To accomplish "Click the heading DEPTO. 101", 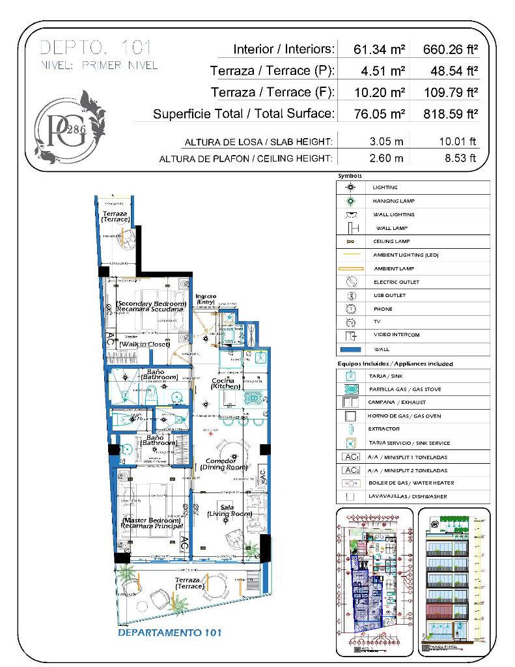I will pyautogui.click(x=96, y=48).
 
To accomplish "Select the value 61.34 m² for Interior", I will pyautogui.click(x=380, y=49).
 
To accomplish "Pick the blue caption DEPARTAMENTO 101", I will pyautogui.click(x=170, y=632).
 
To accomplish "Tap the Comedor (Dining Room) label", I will pyautogui.click(x=224, y=463).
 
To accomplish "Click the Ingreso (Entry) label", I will pyautogui.click(x=206, y=298).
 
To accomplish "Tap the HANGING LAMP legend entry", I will pyautogui.click(x=394, y=201).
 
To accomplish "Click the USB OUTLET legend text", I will pyautogui.click(x=389, y=296).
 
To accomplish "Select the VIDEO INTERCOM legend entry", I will pyautogui.click(x=396, y=335).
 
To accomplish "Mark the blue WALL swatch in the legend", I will pyautogui.click(x=351, y=348).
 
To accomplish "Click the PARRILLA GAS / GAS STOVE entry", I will pyautogui.click(x=406, y=389).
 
